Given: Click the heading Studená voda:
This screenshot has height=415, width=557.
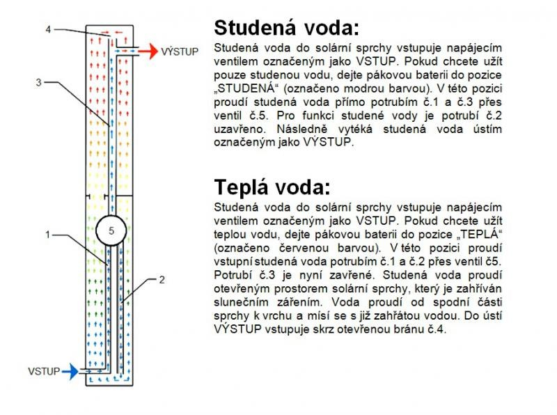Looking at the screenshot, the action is [286, 27].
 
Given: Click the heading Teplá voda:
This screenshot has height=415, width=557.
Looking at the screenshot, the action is [272, 187].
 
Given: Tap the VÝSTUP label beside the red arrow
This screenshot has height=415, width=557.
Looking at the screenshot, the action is [180, 52].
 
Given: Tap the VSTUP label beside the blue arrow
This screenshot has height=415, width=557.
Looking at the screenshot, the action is [44, 371].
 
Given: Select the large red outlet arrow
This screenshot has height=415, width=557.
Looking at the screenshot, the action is [148, 52].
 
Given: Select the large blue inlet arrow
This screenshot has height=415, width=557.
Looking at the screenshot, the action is [70, 372].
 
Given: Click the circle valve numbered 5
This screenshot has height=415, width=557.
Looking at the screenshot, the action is [111, 230].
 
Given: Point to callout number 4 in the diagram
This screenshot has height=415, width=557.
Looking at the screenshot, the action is [48, 29].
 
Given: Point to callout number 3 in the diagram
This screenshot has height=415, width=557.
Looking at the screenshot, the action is [39, 82].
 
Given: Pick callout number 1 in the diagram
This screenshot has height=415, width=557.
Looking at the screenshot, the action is [47, 235].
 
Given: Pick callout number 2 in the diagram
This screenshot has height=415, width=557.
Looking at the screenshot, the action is [162, 280].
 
